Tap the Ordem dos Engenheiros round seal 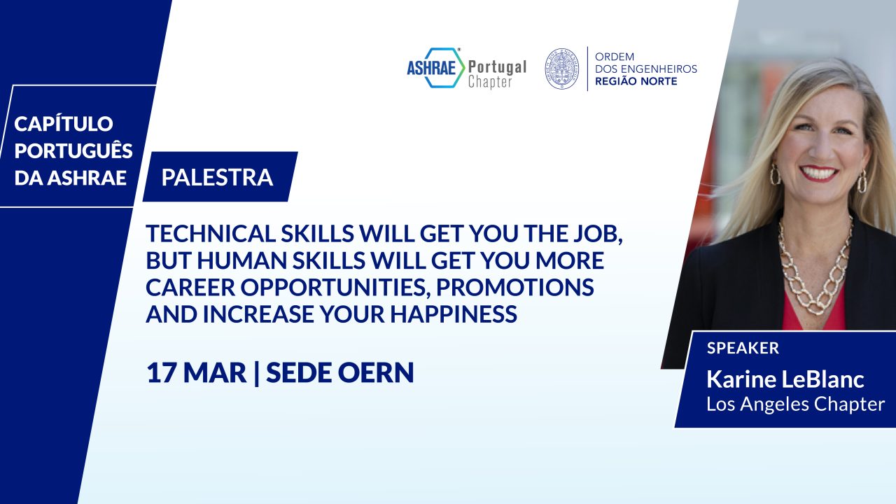tap(562, 69)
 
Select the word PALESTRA tap(217, 177)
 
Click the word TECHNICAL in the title tap(211, 234)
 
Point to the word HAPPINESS tap(454, 314)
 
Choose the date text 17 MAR tap(197, 373)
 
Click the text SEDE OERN tap(339, 373)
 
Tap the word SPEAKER tap(743, 348)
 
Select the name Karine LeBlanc tap(785, 379)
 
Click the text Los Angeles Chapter tap(796, 404)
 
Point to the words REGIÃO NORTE tap(636, 81)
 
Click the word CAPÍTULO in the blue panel tap(64, 124)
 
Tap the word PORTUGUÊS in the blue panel tap(73, 150)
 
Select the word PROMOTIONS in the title tap(514, 287)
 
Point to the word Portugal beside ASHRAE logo tap(497, 67)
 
